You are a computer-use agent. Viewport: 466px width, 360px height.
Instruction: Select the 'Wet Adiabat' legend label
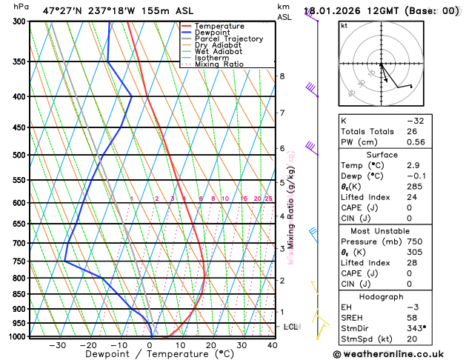pos(218,52)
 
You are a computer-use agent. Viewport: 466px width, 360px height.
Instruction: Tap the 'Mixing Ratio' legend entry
pos(219,64)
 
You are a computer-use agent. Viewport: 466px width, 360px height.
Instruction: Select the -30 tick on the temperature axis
pos(58,344)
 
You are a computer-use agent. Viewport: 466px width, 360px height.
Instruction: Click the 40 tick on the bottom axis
pos(273,344)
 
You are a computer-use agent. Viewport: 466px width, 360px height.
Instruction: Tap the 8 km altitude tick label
pos(282,76)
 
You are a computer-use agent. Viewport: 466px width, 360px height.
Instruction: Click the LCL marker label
pos(291,327)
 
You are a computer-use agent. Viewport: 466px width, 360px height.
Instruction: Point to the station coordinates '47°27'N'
pos(63,10)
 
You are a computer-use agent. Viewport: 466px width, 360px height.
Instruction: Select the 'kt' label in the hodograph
pos(344,26)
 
